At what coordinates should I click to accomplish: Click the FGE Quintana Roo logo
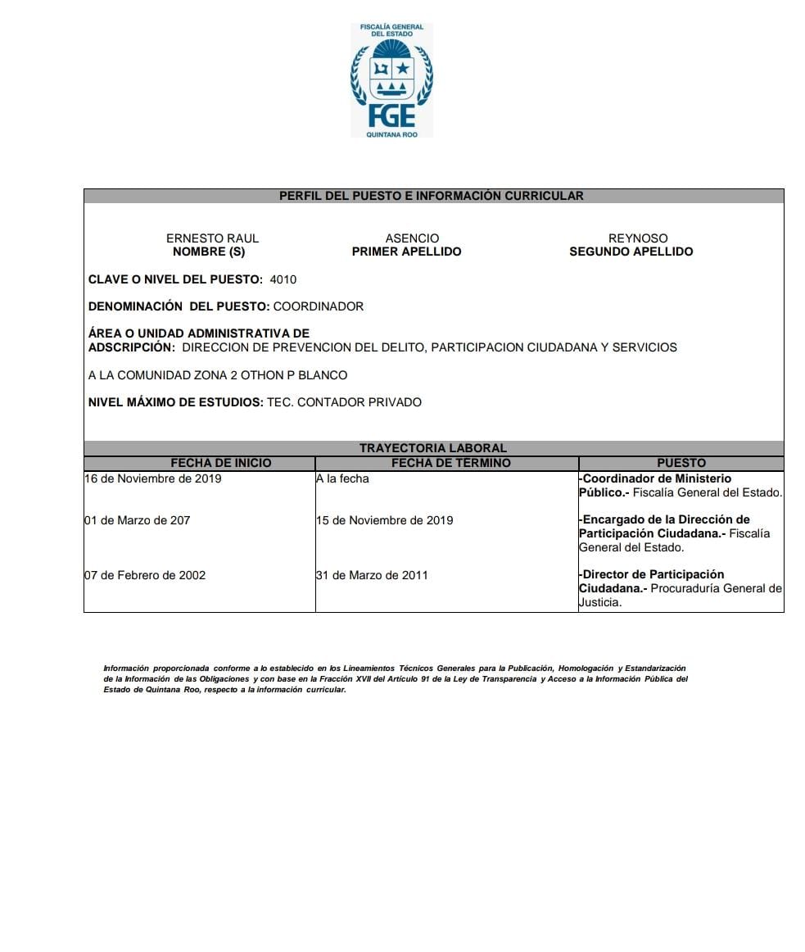[391, 80]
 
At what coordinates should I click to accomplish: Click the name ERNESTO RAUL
[212, 238]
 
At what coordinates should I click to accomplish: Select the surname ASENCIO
[412, 238]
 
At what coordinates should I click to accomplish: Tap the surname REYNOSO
[638, 238]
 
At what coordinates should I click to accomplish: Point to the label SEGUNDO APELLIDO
[631, 252]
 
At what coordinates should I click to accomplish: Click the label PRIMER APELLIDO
[406, 252]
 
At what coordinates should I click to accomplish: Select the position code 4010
[283, 279]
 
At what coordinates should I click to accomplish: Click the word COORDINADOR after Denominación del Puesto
[318, 306]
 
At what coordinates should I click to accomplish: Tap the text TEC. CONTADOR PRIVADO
[344, 402]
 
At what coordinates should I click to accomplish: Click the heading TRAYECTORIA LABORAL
[433, 448]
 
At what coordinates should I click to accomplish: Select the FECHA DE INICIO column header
[221, 463]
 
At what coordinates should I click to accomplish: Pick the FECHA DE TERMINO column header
[450, 463]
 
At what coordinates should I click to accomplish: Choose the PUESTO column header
[681, 463]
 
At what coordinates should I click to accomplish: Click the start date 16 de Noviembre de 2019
[152, 478]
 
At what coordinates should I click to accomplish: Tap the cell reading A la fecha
[342, 478]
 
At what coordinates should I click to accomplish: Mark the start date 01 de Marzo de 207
[137, 520]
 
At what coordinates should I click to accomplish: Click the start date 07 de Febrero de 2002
[145, 575]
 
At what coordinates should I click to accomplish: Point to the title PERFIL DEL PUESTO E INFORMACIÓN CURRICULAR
[432, 196]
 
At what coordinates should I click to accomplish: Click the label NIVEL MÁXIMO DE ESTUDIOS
[175, 402]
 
